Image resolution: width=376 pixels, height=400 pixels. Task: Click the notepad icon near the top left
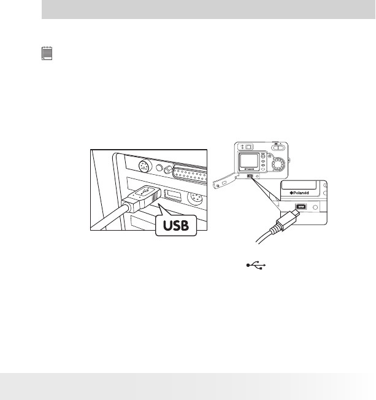click(x=46, y=55)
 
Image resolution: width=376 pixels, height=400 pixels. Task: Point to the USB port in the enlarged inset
click(x=301, y=207)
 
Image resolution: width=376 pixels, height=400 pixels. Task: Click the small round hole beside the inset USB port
click(x=315, y=207)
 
